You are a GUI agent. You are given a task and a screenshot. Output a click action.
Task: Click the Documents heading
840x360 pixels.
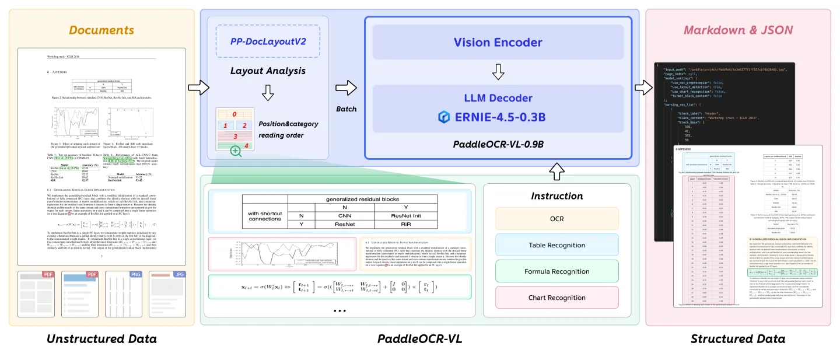tap(101, 30)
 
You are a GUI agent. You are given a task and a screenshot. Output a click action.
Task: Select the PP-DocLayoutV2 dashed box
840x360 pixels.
tap(268, 41)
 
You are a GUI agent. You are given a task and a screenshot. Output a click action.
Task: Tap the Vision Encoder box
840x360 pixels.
tap(498, 43)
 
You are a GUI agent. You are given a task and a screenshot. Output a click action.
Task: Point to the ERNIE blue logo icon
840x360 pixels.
tap(446, 117)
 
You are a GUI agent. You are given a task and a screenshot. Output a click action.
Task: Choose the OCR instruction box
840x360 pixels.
tap(556, 218)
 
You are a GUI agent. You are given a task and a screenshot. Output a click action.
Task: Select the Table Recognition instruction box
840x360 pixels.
tap(556, 245)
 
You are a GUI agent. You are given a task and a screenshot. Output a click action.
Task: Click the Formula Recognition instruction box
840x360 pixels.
tap(556, 271)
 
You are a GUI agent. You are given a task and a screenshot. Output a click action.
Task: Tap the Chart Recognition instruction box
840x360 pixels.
tap(556, 298)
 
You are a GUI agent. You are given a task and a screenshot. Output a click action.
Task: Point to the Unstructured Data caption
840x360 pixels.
tap(101, 339)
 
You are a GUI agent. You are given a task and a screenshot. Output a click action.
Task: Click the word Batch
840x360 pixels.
tap(346, 109)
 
